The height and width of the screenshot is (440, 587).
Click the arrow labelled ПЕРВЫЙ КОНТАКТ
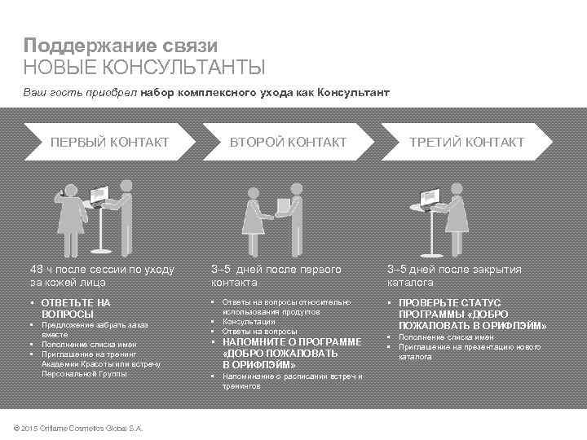click(109, 143)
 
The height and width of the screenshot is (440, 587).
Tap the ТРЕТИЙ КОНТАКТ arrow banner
click(466, 143)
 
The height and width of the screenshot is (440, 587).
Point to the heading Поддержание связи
click(120, 46)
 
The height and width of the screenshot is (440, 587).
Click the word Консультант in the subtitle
click(356, 93)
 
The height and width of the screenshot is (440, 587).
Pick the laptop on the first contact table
click(99, 194)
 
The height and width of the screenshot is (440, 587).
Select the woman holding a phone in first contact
click(68, 215)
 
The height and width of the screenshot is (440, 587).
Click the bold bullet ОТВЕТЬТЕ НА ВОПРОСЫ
click(75, 307)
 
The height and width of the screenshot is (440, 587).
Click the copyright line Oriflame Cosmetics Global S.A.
click(85, 428)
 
